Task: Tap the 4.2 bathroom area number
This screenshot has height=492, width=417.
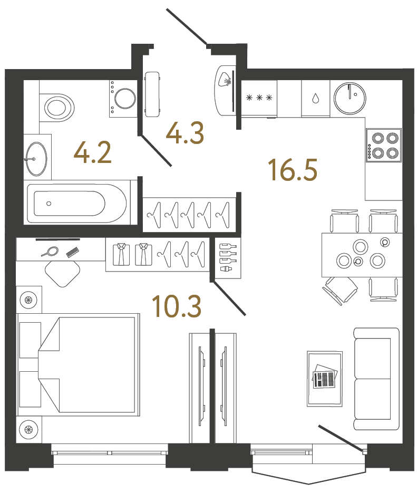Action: (x=93, y=153)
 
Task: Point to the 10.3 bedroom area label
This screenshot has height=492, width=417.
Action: (x=176, y=306)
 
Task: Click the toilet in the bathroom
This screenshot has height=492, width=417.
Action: (x=57, y=108)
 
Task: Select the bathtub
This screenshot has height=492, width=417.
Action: (x=79, y=203)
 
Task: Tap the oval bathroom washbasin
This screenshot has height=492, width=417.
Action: (x=36, y=158)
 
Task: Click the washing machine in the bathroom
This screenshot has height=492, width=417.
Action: (x=124, y=99)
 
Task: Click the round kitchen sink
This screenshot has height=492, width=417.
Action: (x=350, y=98)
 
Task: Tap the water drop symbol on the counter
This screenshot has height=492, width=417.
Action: (x=315, y=99)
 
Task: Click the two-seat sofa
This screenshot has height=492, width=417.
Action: (x=376, y=379)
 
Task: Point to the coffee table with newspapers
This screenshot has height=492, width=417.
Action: (x=324, y=378)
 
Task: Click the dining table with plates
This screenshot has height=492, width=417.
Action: (x=361, y=254)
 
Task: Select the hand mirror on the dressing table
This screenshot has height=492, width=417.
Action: (x=52, y=250)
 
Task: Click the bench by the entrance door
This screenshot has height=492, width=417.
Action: (x=152, y=94)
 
